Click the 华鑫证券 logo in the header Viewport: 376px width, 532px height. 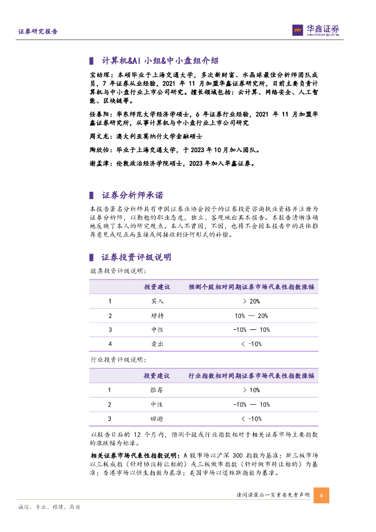pos(316,30)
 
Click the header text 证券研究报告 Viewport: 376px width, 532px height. pos(38,31)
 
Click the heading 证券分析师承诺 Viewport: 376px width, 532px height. pos(132,195)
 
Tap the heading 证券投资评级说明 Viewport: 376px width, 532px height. pos(136,257)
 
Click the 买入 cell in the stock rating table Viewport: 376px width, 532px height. pos(157,301)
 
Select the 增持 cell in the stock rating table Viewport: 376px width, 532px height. pos(157,315)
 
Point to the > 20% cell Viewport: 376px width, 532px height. pos(251,301)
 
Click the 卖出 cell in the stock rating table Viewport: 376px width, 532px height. pos(157,343)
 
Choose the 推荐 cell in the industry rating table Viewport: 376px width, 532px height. pos(157,390)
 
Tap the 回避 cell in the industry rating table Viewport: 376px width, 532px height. pos(157,418)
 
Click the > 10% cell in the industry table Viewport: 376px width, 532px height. pos(251,390)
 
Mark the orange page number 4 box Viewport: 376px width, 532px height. pos(321,495)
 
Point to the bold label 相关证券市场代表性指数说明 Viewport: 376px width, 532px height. pos(133,456)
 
